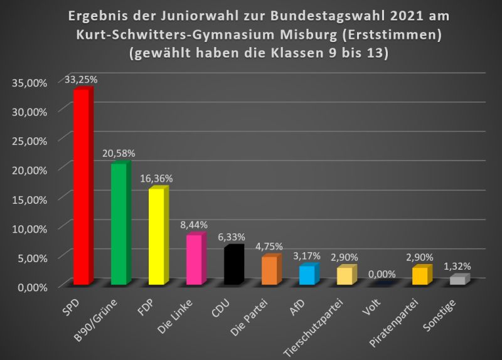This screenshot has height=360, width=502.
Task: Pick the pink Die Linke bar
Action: [195, 260]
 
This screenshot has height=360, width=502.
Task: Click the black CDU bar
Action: [232, 266]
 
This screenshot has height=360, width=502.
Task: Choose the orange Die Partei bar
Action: [270, 270]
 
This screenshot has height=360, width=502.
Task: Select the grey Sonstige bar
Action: [458, 280]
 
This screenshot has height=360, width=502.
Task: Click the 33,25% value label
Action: [81, 80]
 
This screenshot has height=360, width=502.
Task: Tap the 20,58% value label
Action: [119, 153]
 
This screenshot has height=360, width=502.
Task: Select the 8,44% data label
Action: [194, 225]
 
